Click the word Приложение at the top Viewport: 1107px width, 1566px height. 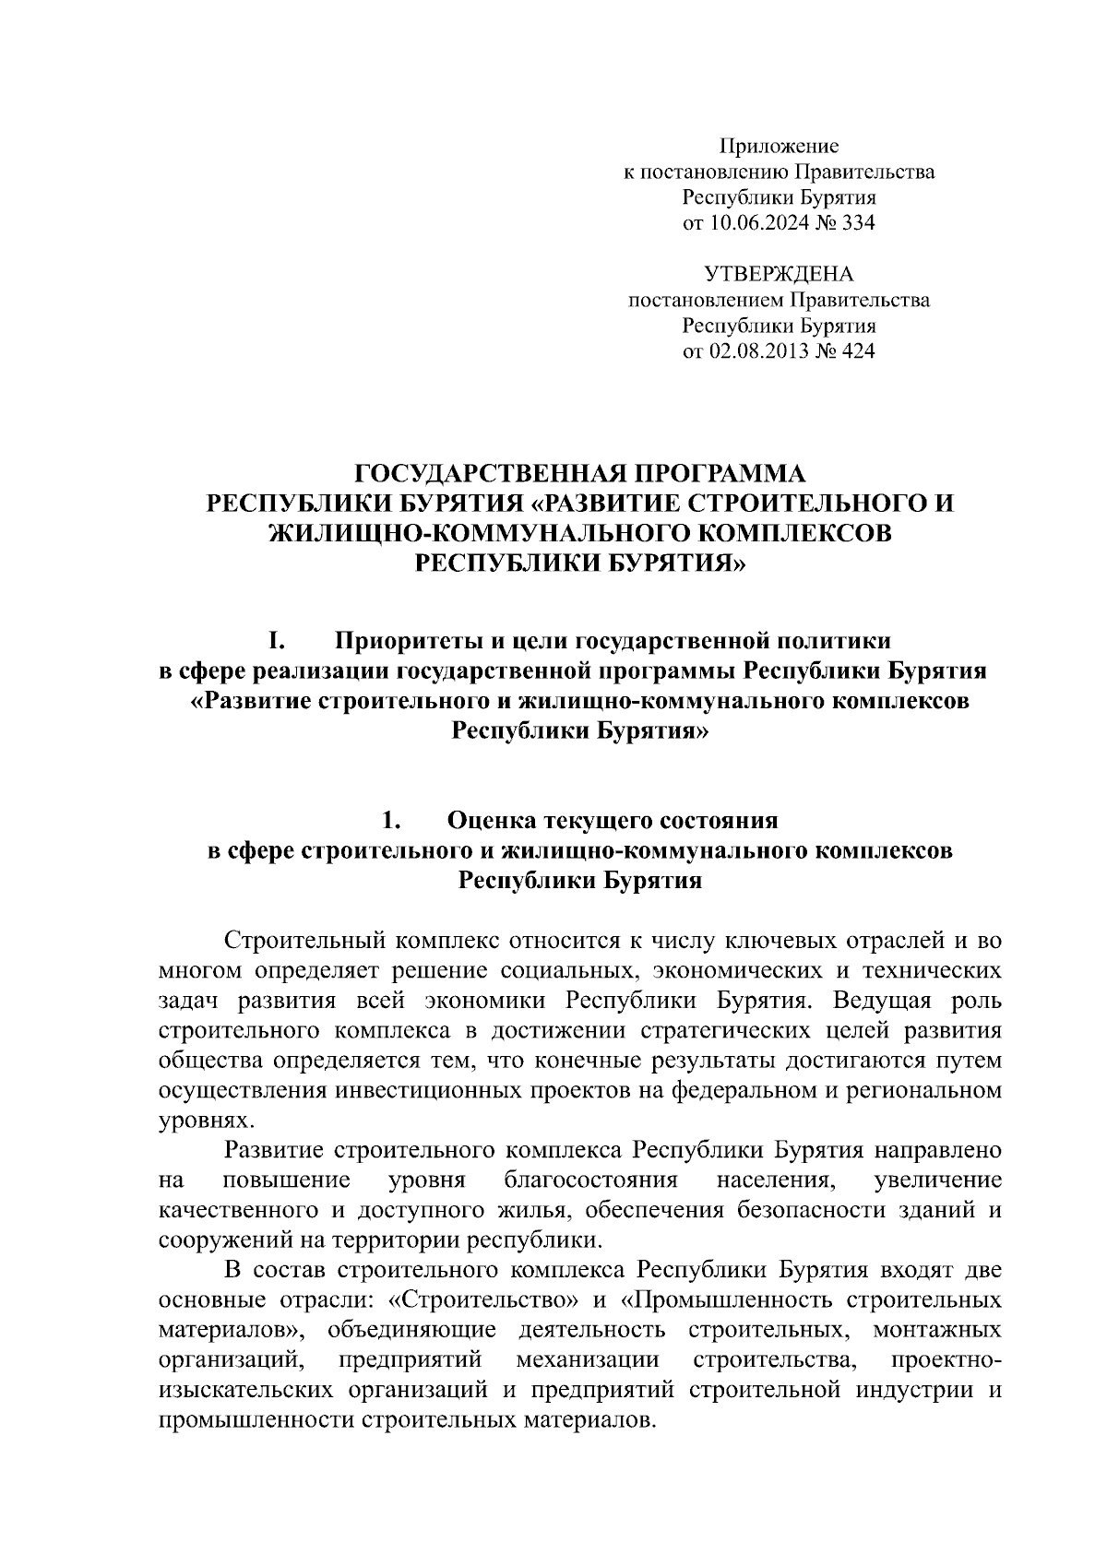[x=779, y=146]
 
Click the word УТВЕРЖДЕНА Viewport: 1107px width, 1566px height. [x=779, y=274]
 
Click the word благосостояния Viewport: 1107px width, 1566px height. [x=591, y=1181]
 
